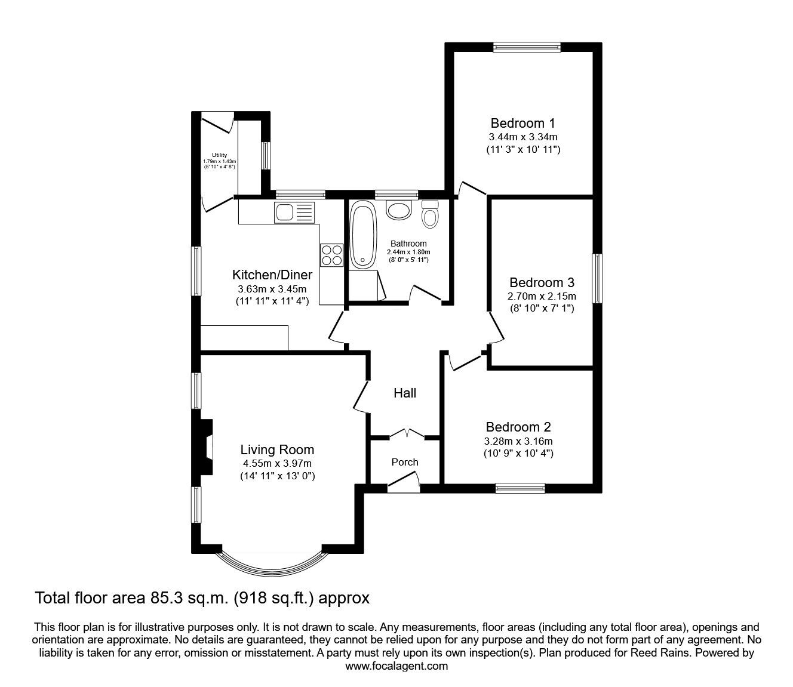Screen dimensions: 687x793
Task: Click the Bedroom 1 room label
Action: (522, 124)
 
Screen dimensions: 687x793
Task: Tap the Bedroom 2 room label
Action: (518, 427)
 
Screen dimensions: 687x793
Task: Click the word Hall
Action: (405, 393)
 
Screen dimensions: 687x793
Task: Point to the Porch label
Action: (405, 462)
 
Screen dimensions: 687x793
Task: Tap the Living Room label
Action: (277, 450)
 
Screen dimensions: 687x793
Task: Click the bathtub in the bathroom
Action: (362, 235)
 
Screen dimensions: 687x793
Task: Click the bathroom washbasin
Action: (399, 210)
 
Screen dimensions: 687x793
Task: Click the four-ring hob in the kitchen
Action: (331, 255)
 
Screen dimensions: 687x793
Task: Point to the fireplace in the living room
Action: (205, 446)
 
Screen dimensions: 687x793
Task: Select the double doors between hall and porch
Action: (405, 433)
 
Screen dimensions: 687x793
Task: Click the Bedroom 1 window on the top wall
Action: (526, 47)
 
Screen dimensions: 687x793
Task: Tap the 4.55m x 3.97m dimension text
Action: (277, 463)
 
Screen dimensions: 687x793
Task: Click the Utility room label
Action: (219, 155)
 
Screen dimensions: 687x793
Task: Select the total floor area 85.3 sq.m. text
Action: (202, 597)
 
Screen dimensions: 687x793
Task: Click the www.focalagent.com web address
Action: (396, 666)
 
